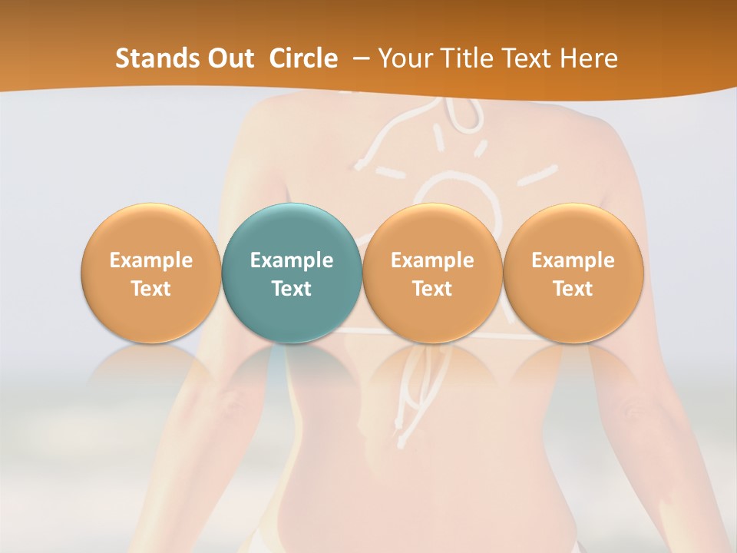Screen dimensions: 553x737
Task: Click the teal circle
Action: click(x=292, y=273)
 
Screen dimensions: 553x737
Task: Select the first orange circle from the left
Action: click(x=151, y=273)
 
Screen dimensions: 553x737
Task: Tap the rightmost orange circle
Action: click(x=573, y=273)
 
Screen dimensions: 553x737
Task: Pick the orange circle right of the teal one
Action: click(x=432, y=273)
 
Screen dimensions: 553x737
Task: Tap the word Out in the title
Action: click(x=228, y=58)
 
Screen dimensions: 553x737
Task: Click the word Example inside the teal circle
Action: click(x=292, y=260)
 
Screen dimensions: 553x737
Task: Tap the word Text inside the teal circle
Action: click(x=292, y=289)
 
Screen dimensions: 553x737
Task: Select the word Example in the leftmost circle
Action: click(x=151, y=260)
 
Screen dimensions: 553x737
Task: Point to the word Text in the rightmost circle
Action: click(x=573, y=289)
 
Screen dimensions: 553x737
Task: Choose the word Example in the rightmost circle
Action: click(x=573, y=260)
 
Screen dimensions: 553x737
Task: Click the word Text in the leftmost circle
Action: click(x=151, y=289)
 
